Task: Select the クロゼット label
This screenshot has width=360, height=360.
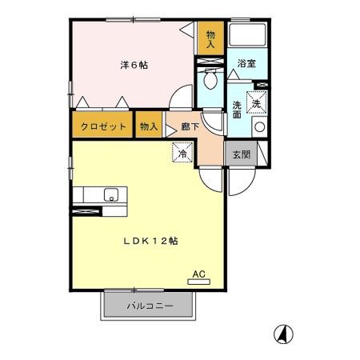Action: [102, 126]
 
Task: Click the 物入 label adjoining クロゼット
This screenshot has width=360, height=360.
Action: [148, 126]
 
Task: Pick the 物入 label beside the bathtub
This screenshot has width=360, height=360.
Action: [210, 39]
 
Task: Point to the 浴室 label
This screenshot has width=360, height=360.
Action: [246, 64]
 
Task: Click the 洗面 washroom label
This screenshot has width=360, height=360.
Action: [238, 110]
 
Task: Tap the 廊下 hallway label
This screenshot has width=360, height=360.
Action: [189, 126]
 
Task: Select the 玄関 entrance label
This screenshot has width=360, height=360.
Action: [240, 154]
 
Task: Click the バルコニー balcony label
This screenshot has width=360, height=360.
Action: [149, 305]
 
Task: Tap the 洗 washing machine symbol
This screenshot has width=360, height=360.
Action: [258, 103]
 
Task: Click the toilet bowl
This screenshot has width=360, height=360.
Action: [210, 80]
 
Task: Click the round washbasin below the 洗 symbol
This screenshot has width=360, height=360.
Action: [258, 127]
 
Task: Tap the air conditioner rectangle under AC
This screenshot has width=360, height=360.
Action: [199, 282]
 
